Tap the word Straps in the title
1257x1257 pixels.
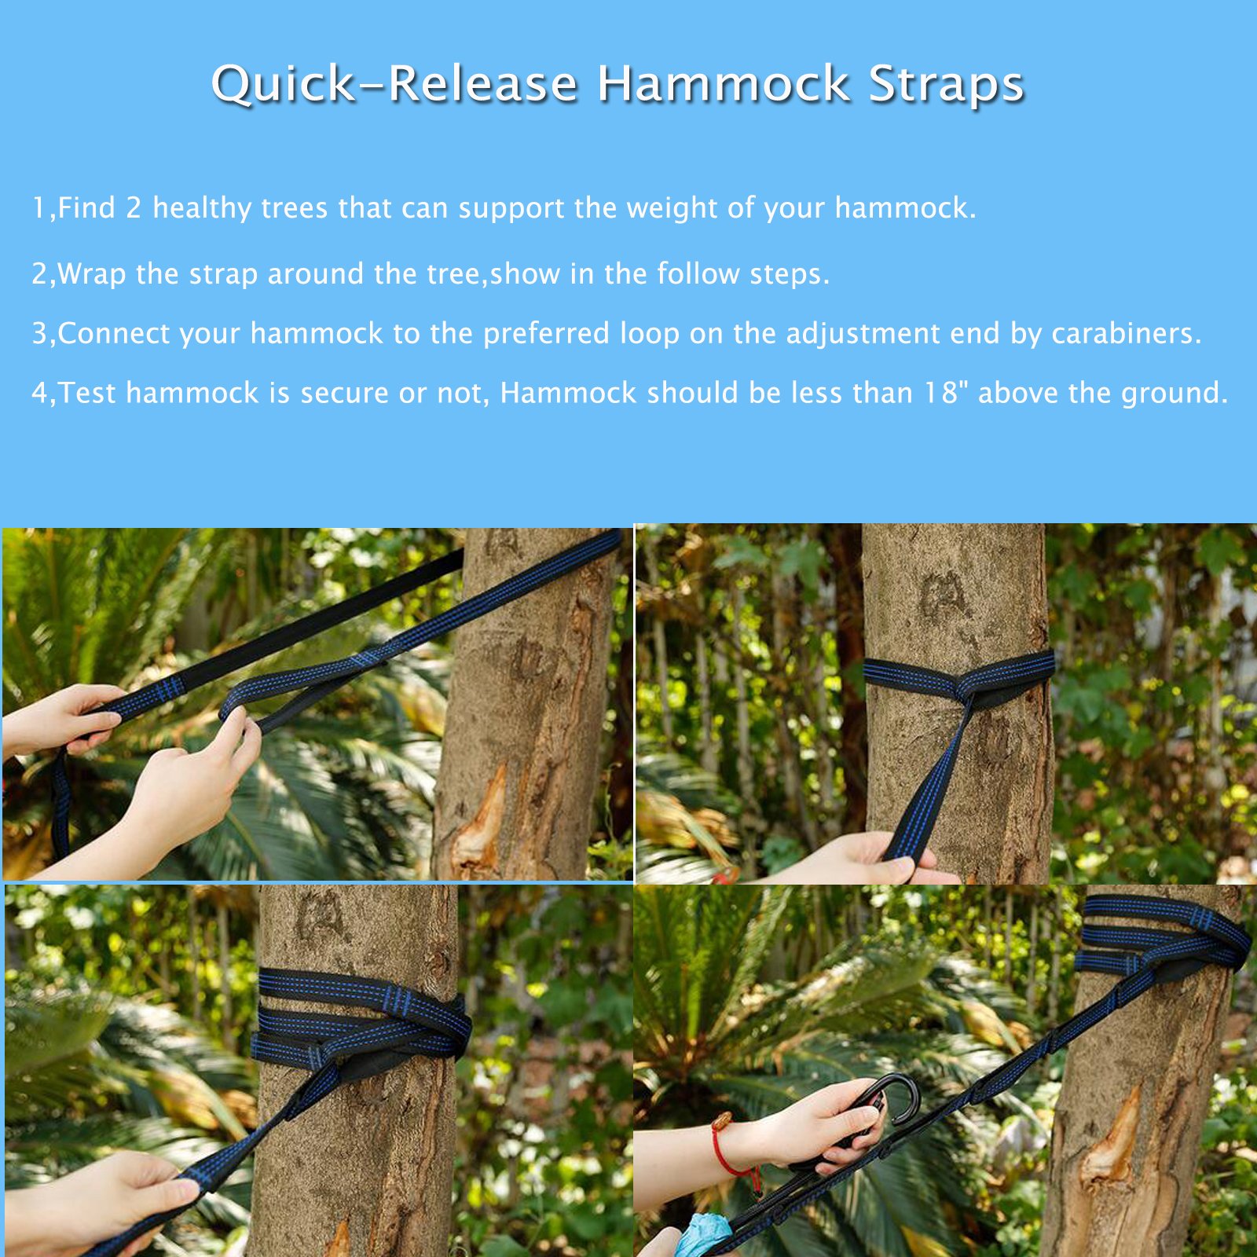pyautogui.click(x=946, y=84)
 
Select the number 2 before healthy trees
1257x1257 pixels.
pyautogui.click(x=134, y=208)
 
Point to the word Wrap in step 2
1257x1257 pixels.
pyautogui.click(x=92, y=274)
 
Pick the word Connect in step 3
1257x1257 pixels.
pyautogui.click(x=114, y=334)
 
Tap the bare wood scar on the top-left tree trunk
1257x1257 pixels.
pyautogui.click(x=481, y=817)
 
